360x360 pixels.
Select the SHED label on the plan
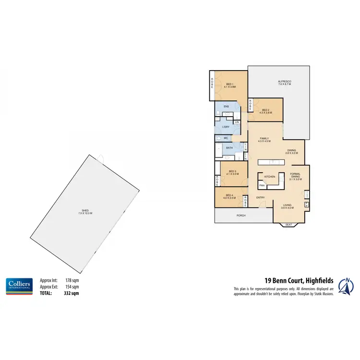85,212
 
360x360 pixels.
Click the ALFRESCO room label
285,82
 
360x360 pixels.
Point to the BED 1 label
229,85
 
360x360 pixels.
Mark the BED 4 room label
228,194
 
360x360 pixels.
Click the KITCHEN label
270,177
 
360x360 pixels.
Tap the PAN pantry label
262,185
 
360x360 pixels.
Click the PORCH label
241,216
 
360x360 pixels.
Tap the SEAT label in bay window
288,225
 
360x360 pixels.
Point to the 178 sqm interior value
72,280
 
